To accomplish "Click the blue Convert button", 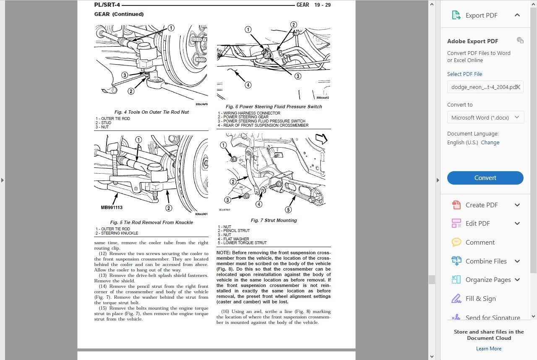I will [x=485, y=178].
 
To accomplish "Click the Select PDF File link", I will [x=464, y=74].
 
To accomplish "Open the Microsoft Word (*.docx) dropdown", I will [x=485, y=117].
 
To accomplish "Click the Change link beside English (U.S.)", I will [x=490, y=143].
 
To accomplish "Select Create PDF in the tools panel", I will [x=481, y=205].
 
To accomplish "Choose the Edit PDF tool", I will [x=477, y=224].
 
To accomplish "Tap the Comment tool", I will [x=480, y=243].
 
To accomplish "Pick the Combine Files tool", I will [x=486, y=261].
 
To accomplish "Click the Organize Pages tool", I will [x=488, y=280].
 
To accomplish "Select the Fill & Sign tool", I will [x=480, y=299].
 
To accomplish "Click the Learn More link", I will [x=488, y=349].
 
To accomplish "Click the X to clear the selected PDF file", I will [x=518, y=87].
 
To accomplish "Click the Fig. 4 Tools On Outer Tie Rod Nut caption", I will [x=151, y=112].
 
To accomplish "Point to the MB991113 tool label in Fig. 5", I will [x=112, y=208].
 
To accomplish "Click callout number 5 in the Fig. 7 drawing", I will [x=288, y=210].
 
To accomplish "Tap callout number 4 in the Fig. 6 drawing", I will [x=248, y=85].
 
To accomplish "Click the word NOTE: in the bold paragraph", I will [x=224, y=253].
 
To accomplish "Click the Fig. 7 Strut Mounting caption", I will [x=274, y=221].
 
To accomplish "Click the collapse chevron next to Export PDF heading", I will [x=517, y=15].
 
